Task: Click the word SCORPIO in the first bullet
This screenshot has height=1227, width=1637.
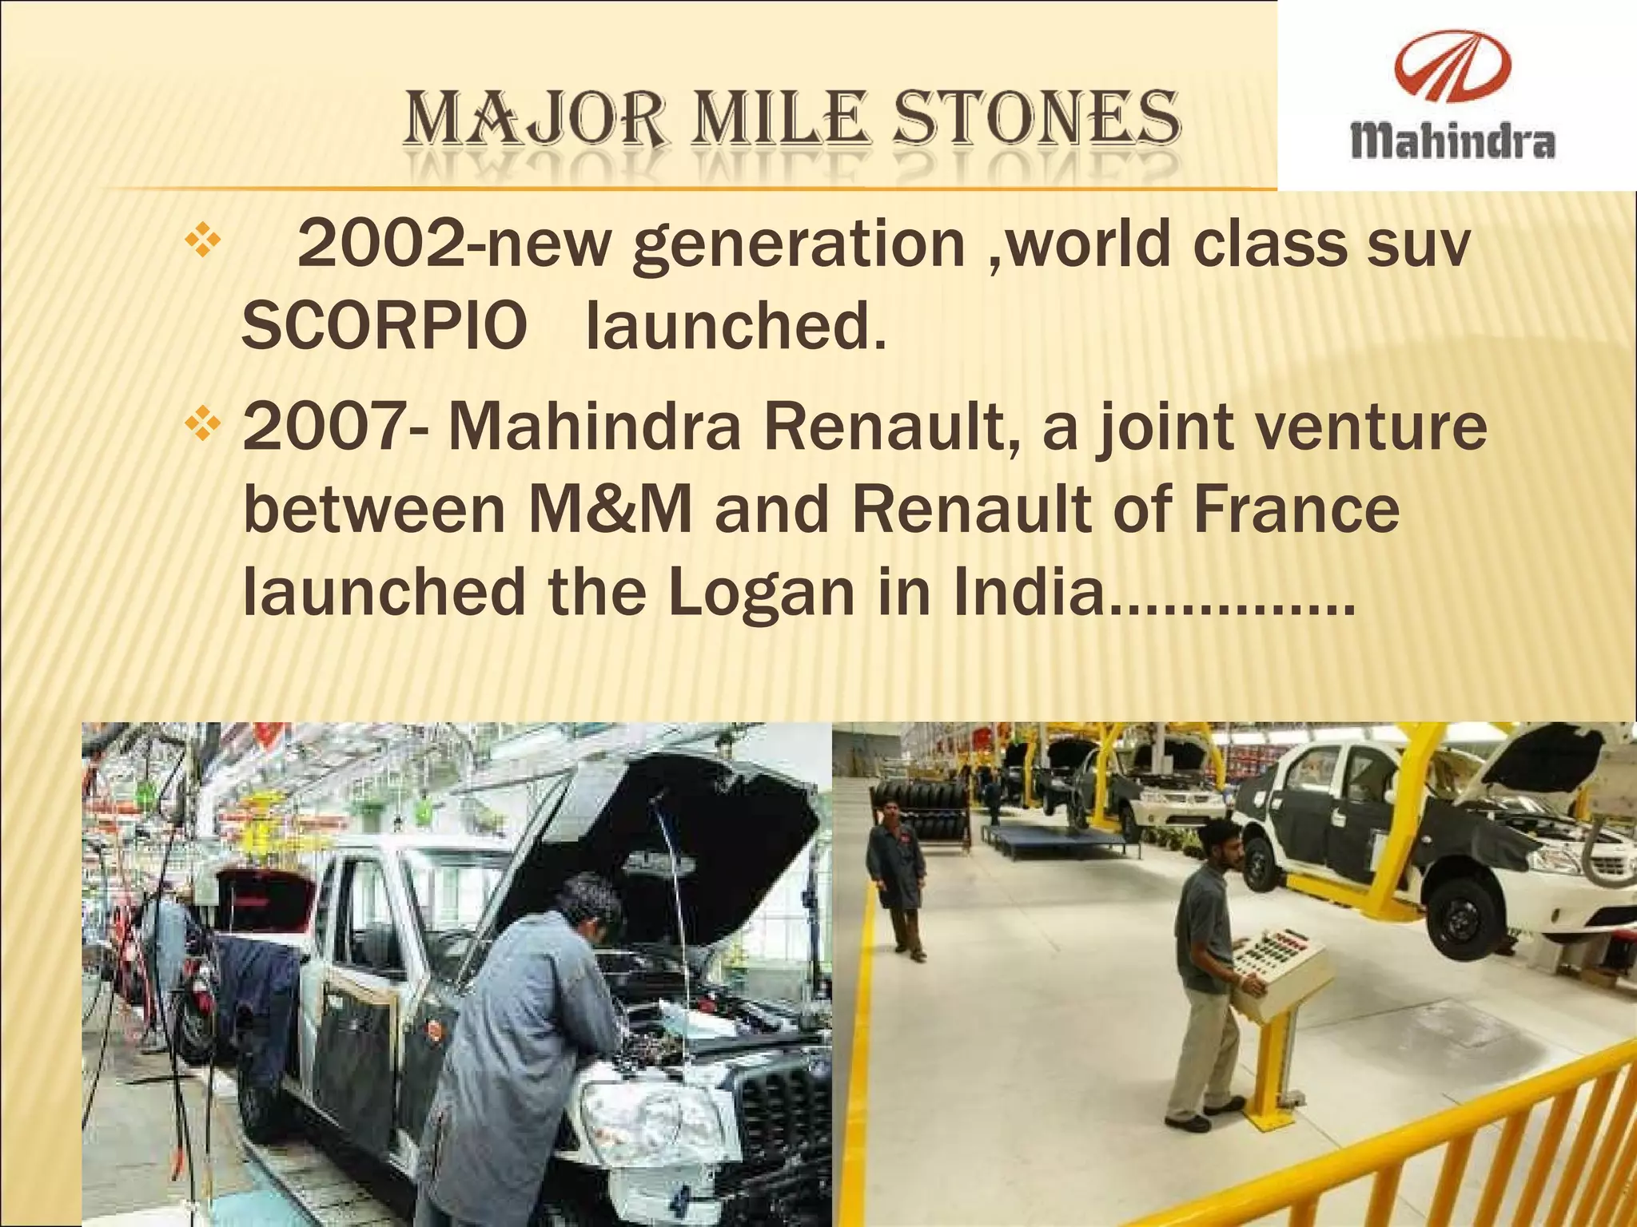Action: click(x=384, y=328)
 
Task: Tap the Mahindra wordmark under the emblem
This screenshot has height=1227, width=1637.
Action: click(x=1452, y=144)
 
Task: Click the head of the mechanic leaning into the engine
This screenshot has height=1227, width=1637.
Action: click(x=591, y=907)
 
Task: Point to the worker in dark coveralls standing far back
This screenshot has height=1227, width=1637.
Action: click(x=896, y=879)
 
